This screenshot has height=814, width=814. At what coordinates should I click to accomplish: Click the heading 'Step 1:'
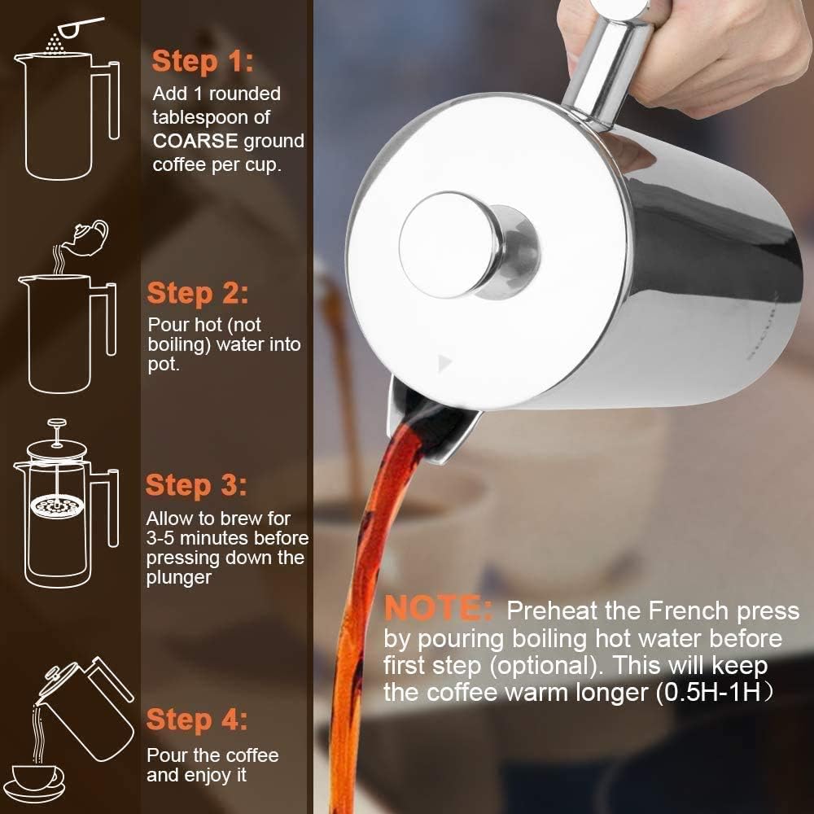coord(203,61)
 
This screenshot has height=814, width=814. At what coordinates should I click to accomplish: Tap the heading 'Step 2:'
coord(198,293)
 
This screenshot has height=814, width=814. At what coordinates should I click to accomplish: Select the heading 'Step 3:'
coord(196,486)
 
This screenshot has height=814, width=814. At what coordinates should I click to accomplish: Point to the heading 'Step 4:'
coord(196,720)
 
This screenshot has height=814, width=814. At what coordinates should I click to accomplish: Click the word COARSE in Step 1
coord(195,141)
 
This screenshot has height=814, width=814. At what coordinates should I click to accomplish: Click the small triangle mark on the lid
coord(444,361)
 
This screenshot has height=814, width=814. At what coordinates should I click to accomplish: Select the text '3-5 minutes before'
coord(227,538)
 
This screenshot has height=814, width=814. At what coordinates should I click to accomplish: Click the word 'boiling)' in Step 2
coord(181,344)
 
